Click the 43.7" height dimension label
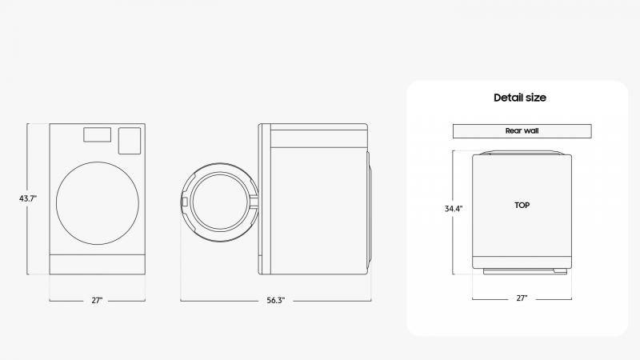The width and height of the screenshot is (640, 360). tap(28, 198)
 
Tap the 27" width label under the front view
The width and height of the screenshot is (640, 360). tap(97, 301)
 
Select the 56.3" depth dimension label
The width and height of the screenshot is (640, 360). tap(275, 301)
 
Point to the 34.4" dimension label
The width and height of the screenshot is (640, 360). tap(454, 209)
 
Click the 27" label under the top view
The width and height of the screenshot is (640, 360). tap(522, 298)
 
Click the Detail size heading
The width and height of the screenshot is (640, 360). tap(520, 98)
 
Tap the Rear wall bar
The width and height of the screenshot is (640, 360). tap(522, 131)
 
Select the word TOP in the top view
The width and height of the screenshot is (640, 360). tap(522, 206)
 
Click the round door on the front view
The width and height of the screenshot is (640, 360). tap(98, 203)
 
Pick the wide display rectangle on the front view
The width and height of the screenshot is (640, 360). tap(97, 134)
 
